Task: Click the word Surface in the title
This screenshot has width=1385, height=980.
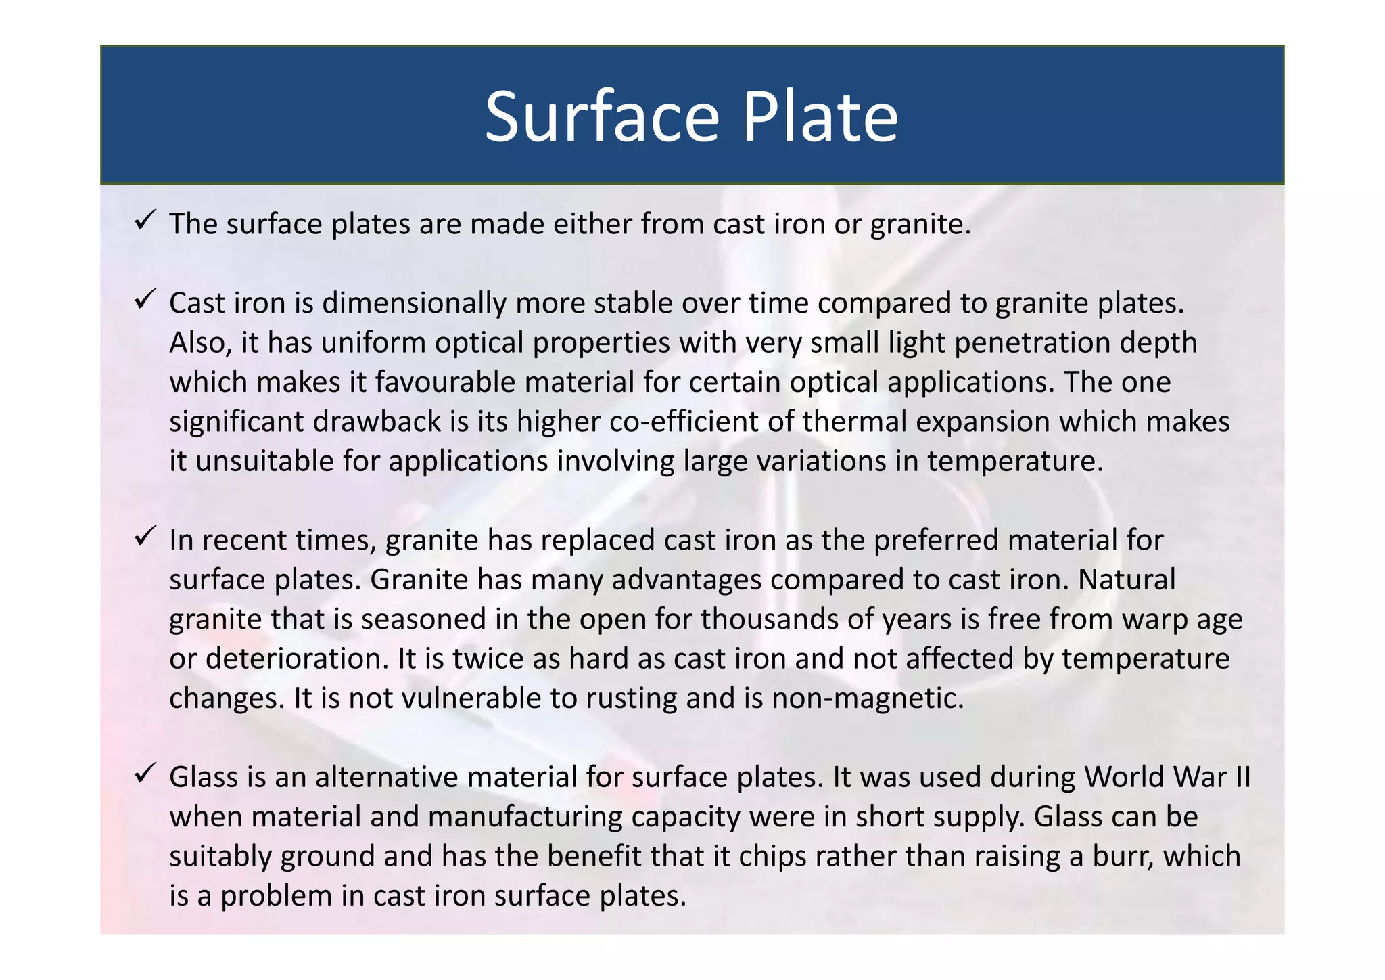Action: (x=602, y=117)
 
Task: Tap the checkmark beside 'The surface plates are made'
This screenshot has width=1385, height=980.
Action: (x=145, y=220)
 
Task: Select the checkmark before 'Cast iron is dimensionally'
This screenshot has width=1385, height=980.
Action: (x=145, y=298)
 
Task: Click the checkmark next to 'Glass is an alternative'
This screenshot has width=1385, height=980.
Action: (x=145, y=773)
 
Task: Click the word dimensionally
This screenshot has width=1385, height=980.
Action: (x=414, y=304)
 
